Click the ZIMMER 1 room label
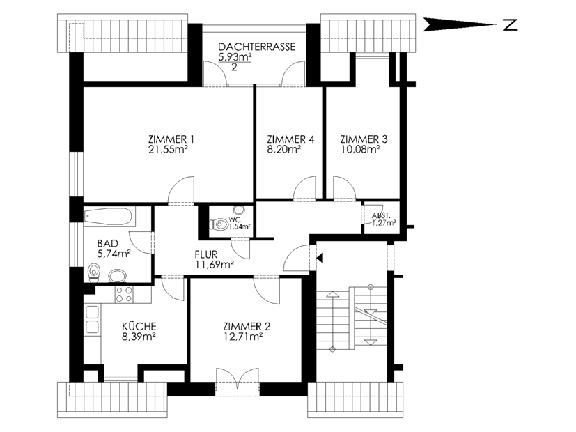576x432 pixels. [x=171, y=139]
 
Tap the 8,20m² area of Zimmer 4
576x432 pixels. [x=284, y=149]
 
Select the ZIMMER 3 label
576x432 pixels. [x=364, y=139]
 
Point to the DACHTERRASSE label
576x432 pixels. [x=257, y=47]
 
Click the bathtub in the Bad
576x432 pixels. [x=109, y=217]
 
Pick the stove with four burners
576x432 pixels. [x=124, y=294]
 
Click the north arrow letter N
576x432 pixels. [x=511, y=24]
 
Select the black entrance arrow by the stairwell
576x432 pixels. [x=320, y=258]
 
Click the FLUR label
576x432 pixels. [x=206, y=254]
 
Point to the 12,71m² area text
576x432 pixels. [x=242, y=336]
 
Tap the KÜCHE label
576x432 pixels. [x=139, y=326]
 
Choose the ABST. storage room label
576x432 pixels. [x=381, y=216]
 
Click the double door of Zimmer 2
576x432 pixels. [x=238, y=378]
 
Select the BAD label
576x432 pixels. [x=108, y=243]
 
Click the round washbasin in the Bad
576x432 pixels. [x=118, y=275]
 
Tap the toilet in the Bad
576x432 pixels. [x=94, y=272]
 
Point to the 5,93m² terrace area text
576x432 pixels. [x=235, y=57]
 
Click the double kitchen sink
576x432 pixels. [x=92, y=320]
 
